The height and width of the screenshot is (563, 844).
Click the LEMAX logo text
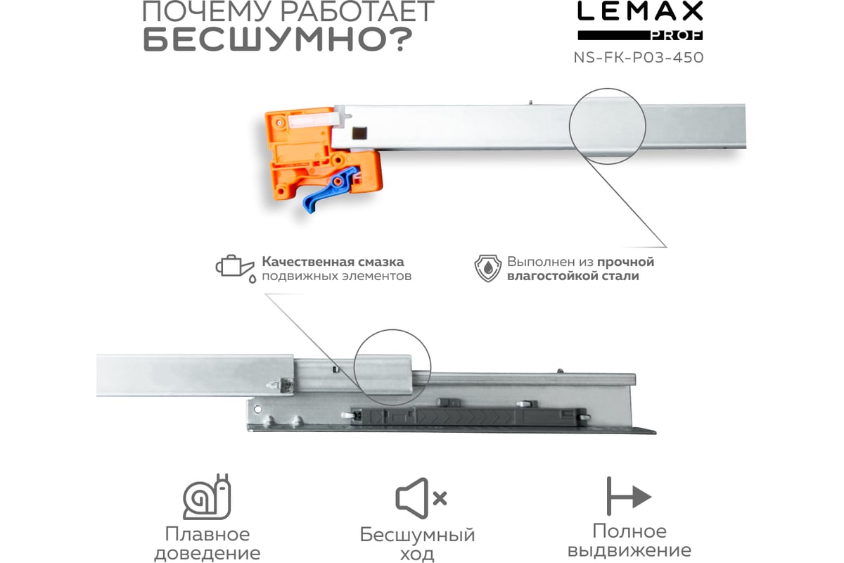tap(639, 12)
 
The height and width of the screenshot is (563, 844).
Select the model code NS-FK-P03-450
tap(639, 58)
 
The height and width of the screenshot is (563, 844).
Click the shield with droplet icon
tap(487, 269)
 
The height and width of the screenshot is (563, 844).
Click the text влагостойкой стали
tap(573, 276)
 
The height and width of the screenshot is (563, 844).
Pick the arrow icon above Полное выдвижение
tap(628, 497)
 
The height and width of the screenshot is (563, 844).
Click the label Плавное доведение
tap(207, 543)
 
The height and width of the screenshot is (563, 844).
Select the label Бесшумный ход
tap(418, 543)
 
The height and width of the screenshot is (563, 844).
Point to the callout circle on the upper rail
tap(607, 126)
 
